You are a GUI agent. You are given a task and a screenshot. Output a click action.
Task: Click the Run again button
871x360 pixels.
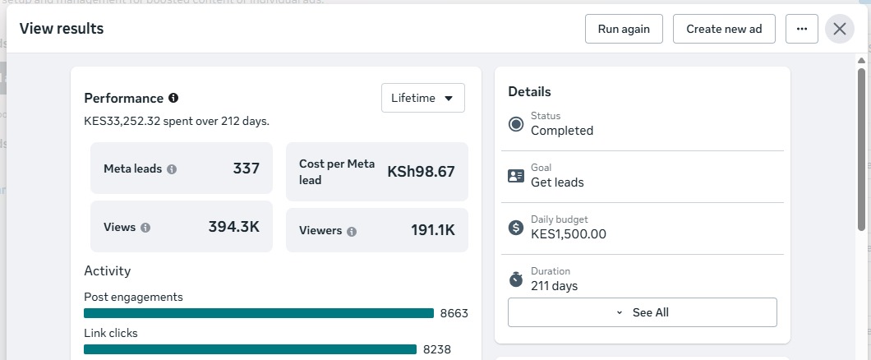coord(624,29)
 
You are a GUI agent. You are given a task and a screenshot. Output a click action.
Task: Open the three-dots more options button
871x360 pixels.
coord(801,29)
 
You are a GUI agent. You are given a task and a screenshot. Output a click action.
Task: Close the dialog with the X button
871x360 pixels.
coord(839,29)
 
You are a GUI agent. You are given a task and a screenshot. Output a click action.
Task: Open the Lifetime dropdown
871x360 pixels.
coord(422,98)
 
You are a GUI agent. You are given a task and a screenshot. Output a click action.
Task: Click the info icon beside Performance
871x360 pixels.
coord(173,98)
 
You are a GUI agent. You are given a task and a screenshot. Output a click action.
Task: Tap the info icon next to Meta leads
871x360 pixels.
coord(173,168)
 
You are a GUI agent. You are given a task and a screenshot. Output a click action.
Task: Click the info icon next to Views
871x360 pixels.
coord(145,227)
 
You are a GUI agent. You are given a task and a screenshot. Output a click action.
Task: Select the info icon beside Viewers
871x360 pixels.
coord(352,231)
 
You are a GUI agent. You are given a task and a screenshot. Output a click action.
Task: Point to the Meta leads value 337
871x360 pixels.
coord(246,168)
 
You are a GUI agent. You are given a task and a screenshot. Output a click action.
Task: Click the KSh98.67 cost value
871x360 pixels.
coord(421,172)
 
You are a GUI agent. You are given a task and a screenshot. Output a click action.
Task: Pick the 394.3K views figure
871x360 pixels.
coord(234,227)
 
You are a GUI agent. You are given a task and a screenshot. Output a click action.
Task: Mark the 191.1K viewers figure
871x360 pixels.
coord(433,230)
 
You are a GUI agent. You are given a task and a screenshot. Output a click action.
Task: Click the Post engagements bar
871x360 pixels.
coord(259,313)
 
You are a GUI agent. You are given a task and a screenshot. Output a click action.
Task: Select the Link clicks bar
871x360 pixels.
coord(250,349)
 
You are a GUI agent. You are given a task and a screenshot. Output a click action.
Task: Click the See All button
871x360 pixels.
coord(642,312)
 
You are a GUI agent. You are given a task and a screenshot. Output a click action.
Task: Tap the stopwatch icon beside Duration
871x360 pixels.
coord(516,279)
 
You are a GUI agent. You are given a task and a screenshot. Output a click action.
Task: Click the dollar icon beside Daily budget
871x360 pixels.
coord(516,227)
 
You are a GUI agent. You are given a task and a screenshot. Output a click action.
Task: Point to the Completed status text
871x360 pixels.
coord(562,131)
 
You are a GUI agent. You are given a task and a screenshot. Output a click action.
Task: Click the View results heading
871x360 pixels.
coord(62,29)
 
